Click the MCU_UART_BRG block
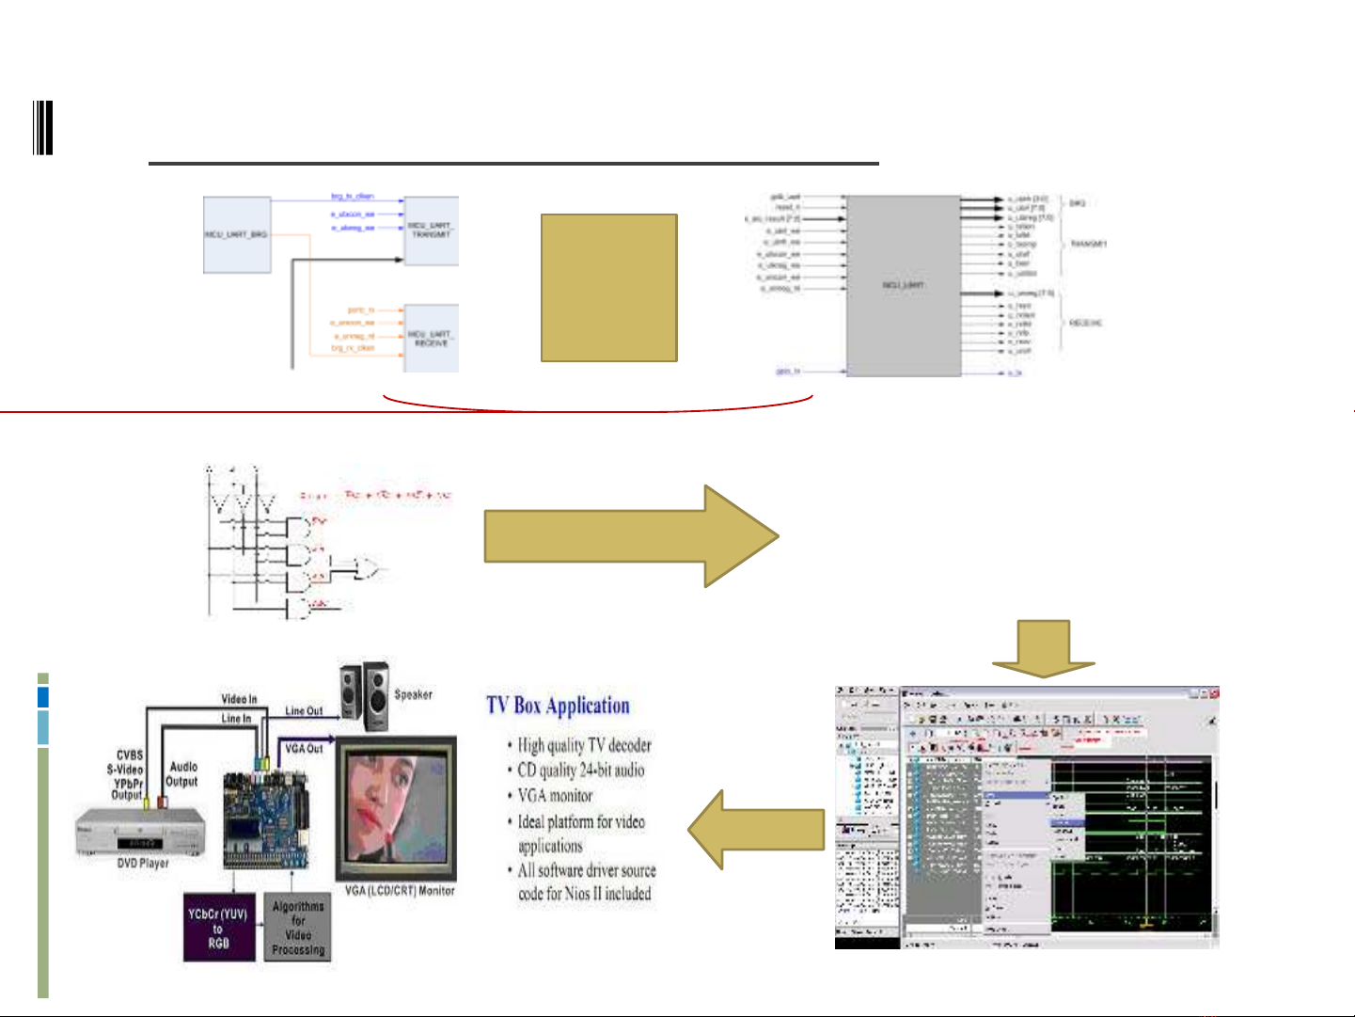coord(237,235)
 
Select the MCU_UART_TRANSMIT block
coord(432,230)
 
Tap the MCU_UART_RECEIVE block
coord(432,338)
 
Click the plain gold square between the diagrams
coord(609,288)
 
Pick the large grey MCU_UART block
coord(904,286)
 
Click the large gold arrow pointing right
coord(630,536)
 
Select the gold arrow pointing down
coord(1044,649)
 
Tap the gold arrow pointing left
coord(756,830)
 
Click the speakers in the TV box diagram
coord(365,696)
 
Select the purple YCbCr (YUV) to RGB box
coord(218,928)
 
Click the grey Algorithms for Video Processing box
coord(298,928)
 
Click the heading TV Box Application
coord(558,706)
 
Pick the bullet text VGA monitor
coord(555,796)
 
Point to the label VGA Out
coord(304,749)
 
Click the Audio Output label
coord(182,774)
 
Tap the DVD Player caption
coord(143,863)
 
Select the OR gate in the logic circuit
coord(364,567)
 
